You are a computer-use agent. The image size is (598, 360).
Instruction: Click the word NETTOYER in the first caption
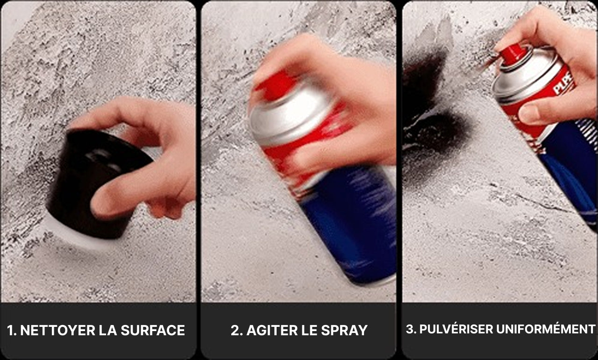(x=57, y=331)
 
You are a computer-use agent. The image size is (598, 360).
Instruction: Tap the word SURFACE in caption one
(x=153, y=331)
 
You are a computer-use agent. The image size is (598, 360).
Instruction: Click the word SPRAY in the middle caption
(x=344, y=331)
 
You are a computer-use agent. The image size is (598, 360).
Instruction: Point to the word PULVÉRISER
(x=456, y=329)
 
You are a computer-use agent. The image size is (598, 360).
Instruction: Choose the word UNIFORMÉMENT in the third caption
(x=546, y=329)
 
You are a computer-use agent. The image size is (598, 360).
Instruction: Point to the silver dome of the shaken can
(x=291, y=117)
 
